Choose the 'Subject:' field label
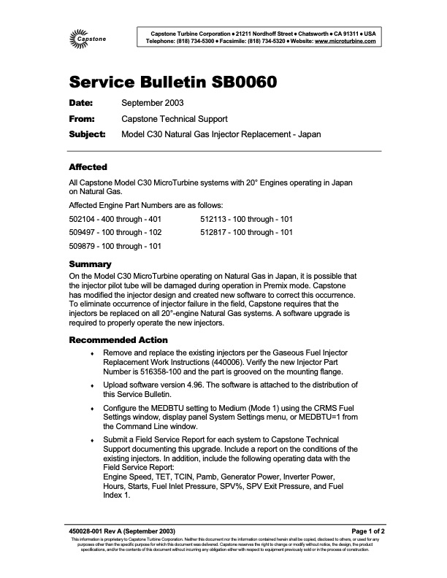[x=87, y=134]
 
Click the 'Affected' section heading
[x=88, y=167]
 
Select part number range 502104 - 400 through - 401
[x=115, y=218]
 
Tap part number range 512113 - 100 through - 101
[x=247, y=218]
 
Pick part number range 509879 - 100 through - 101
[x=115, y=246]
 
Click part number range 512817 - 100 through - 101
[x=247, y=232]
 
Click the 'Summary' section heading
[x=90, y=263]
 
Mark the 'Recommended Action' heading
[x=118, y=340]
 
